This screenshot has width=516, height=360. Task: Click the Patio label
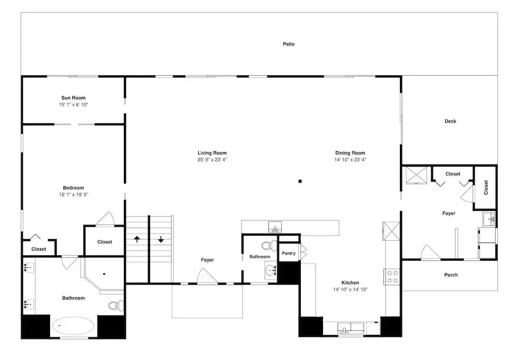[x=288, y=44]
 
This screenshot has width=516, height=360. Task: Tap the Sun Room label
[x=73, y=97]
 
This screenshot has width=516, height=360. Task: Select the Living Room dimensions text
[x=212, y=160]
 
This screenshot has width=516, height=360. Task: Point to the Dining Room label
[x=350, y=153]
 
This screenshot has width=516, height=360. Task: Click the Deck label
[x=450, y=121]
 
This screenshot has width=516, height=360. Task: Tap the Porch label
[x=451, y=275]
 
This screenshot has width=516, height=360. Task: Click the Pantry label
[x=288, y=253]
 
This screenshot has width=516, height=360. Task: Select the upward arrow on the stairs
[x=137, y=239]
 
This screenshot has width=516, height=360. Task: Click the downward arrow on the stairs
[x=161, y=239]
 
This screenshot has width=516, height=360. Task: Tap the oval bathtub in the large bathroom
[x=73, y=326]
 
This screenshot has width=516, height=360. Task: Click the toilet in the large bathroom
[x=116, y=305]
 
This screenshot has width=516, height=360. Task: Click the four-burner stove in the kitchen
[x=392, y=277]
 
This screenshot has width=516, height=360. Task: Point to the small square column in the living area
[x=300, y=182]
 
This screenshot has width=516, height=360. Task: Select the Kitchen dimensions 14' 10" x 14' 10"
[x=350, y=289]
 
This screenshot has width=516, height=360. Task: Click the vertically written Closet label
[x=486, y=187]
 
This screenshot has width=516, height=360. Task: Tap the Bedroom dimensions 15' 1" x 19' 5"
[x=73, y=195]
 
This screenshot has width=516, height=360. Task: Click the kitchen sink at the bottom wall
[x=351, y=328]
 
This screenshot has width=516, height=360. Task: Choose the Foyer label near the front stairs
[x=207, y=260]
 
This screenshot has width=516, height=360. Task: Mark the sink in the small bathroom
[x=271, y=271]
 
